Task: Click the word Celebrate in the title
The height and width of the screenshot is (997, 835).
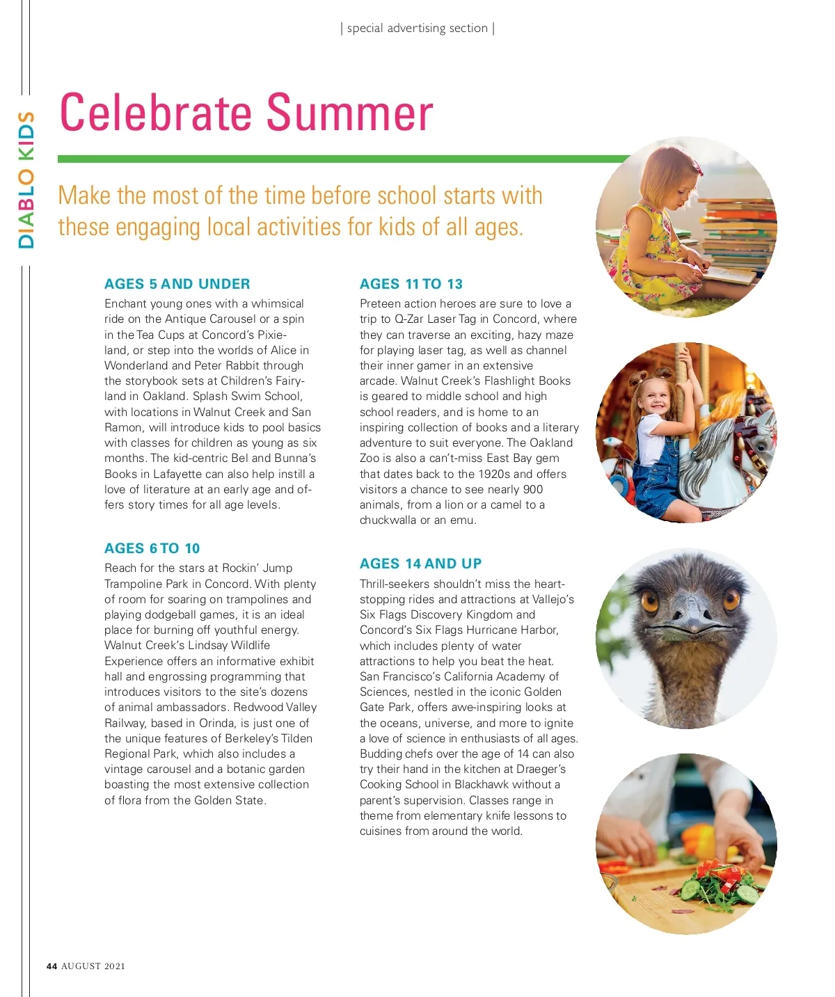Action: point(155,113)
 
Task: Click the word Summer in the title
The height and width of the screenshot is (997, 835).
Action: point(349,113)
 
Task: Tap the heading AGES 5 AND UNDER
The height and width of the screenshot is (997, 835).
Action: point(177,284)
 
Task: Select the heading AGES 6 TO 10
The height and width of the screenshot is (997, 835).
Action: point(152,548)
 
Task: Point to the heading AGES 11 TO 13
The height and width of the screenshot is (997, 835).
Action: point(411,284)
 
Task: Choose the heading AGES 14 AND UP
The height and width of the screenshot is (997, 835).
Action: point(420,564)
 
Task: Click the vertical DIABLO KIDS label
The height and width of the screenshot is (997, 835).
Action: point(26,180)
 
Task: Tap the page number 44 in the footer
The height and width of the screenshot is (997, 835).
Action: point(51,966)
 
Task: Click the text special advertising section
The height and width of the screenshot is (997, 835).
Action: point(417,29)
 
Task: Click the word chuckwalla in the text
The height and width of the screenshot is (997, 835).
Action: point(388,520)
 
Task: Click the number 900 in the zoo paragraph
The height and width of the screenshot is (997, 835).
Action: point(533,489)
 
